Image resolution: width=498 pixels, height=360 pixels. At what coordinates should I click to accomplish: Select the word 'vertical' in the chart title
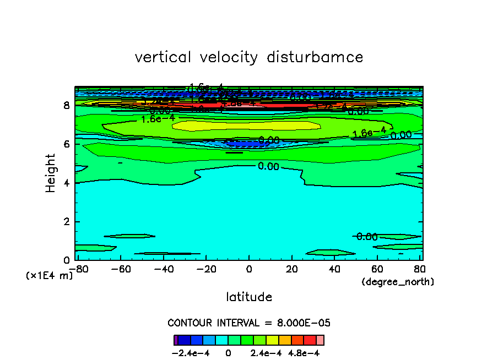[163, 57]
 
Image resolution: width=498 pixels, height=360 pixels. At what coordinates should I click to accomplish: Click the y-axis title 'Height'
[51, 173]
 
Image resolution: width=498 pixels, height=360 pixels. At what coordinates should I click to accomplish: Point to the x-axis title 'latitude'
[249, 297]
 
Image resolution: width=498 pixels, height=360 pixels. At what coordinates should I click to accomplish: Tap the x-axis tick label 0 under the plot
[249, 269]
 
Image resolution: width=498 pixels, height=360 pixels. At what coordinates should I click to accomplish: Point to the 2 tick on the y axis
[66, 221]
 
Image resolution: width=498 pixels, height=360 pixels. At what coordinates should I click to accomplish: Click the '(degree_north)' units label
[398, 282]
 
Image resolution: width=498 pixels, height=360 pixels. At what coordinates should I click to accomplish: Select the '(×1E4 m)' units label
[50, 276]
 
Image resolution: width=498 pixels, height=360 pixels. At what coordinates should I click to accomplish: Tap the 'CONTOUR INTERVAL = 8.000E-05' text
[249, 323]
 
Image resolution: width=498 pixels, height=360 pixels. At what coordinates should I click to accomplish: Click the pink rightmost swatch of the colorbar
[320, 340]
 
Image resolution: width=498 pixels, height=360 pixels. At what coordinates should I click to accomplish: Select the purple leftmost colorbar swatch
[176, 340]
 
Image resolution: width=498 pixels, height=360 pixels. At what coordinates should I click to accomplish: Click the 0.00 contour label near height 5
[268, 166]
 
